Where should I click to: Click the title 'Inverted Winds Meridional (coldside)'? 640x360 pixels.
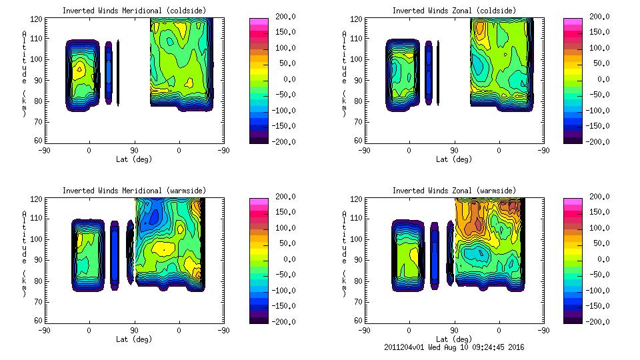(x=134, y=11)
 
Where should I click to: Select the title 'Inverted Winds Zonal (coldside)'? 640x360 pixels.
(x=453, y=11)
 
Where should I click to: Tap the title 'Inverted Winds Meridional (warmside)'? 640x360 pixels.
(x=134, y=191)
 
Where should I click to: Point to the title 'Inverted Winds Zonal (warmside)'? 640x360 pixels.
(x=453, y=191)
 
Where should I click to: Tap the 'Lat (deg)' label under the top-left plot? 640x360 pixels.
(x=135, y=159)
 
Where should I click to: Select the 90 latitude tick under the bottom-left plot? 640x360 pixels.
(x=134, y=330)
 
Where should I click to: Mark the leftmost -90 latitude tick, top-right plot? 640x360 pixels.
(x=364, y=150)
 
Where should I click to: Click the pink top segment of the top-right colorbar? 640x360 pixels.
(x=573, y=21)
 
